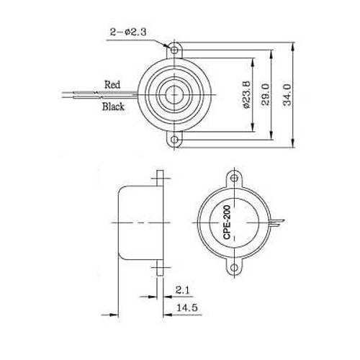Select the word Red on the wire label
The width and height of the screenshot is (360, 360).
point(112,84)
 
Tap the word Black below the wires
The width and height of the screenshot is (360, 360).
point(113,107)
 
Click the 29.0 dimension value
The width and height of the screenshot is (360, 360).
point(266,94)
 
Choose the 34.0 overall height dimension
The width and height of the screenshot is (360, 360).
point(289,94)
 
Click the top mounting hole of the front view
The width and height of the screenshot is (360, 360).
point(175,51)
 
